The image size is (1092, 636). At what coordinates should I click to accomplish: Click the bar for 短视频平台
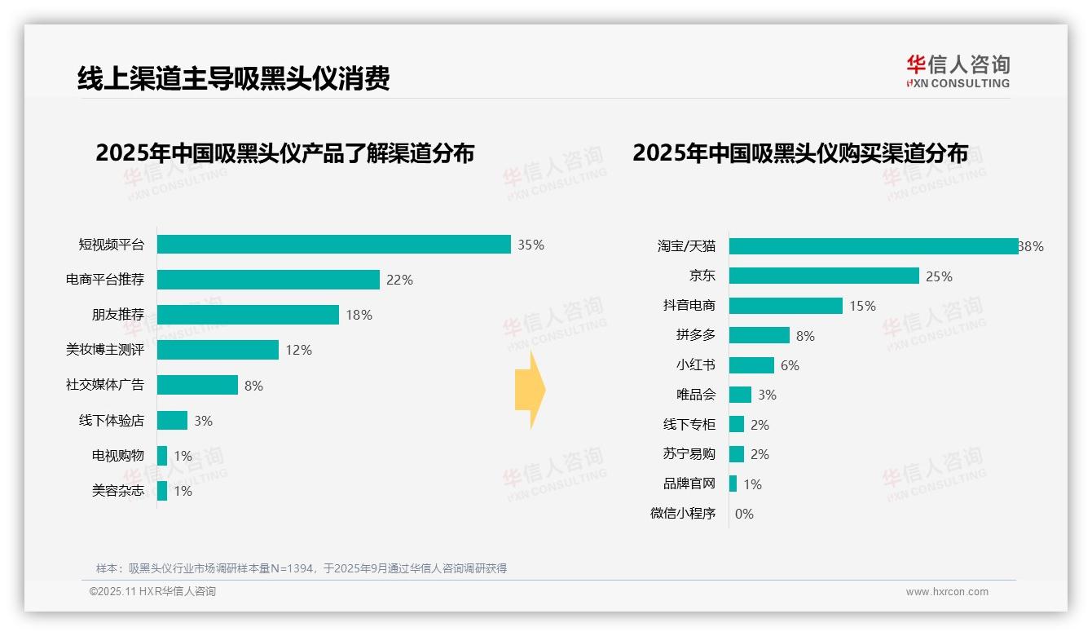pyautogui.click(x=333, y=245)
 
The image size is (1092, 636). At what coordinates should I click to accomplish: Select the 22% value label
pyautogui.click(x=399, y=280)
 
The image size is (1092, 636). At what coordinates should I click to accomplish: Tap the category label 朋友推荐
pyautogui.click(x=117, y=315)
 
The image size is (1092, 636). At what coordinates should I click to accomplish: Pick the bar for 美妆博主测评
pyautogui.click(x=218, y=350)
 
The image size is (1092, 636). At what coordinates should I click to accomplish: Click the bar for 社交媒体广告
pyautogui.click(x=197, y=385)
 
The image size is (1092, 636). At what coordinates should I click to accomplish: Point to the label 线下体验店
pyautogui.click(x=111, y=421)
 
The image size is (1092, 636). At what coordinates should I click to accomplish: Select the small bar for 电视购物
pyautogui.click(x=162, y=456)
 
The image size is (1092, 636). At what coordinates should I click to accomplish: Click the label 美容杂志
pyautogui.click(x=117, y=491)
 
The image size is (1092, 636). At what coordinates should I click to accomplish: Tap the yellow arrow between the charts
pyautogui.click(x=530, y=391)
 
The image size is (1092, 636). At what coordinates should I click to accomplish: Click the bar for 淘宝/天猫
pyautogui.click(x=873, y=246)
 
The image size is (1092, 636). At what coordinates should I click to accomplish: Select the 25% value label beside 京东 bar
pyautogui.click(x=939, y=276)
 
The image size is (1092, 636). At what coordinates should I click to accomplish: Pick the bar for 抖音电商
pyautogui.click(x=786, y=306)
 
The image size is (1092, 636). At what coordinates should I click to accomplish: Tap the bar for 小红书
pyautogui.click(x=751, y=365)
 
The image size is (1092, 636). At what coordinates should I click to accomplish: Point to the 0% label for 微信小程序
pyautogui.click(x=744, y=514)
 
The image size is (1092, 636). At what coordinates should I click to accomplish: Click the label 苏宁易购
pyautogui.click(x=689, y=454)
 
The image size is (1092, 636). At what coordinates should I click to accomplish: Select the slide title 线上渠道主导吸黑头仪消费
pyautogui.click(x=233, y=78)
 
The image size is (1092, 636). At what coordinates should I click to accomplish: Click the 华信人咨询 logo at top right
pyautogui.click(x=958, y=71)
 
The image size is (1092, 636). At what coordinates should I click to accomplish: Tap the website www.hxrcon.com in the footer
pyautogui.click(x=947, y=592)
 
